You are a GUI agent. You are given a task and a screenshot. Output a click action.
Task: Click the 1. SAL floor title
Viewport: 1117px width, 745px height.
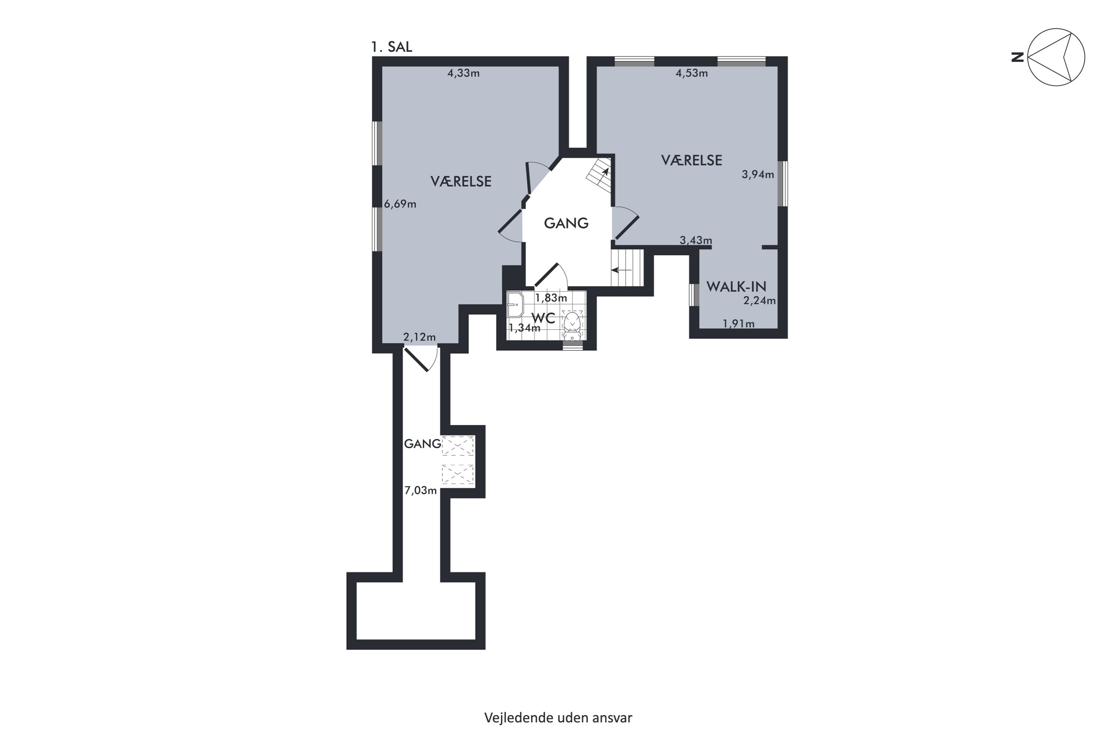tap(391, 47)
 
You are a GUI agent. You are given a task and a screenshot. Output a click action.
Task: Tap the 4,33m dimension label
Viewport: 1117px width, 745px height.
tap(464, 73)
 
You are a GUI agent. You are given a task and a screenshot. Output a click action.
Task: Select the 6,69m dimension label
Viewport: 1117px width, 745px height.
tap(400, 204)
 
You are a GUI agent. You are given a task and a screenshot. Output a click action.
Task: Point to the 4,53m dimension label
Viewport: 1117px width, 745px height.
tap(691, 73)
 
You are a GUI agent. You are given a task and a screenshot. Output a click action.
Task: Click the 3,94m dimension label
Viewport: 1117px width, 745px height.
tap(758, 174)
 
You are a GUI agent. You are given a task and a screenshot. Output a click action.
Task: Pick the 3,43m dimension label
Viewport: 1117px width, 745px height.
tap(696, 240)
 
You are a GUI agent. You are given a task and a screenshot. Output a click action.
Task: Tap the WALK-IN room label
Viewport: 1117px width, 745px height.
tap(736, 286)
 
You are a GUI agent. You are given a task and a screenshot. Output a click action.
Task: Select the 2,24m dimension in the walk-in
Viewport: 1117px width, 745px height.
tap(760, 301)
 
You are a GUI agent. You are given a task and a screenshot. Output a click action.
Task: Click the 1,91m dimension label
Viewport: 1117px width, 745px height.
tap(738, 324)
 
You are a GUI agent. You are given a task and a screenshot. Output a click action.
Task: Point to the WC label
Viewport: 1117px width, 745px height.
tap(543, 318)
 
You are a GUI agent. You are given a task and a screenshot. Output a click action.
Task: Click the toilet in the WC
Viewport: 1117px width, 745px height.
tap(572, 325)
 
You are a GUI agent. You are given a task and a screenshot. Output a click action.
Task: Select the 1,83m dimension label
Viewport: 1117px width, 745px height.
tap(551, 298)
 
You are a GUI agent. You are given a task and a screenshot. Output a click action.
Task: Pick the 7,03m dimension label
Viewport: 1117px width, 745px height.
tap(420, 490)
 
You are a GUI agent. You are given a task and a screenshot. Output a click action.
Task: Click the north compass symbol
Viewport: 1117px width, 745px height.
tap(1056, 57)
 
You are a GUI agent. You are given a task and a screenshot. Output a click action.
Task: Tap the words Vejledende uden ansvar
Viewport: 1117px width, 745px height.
tap(558, 718)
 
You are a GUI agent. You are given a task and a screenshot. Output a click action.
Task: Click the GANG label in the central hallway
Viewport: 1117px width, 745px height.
tap(566, 223)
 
